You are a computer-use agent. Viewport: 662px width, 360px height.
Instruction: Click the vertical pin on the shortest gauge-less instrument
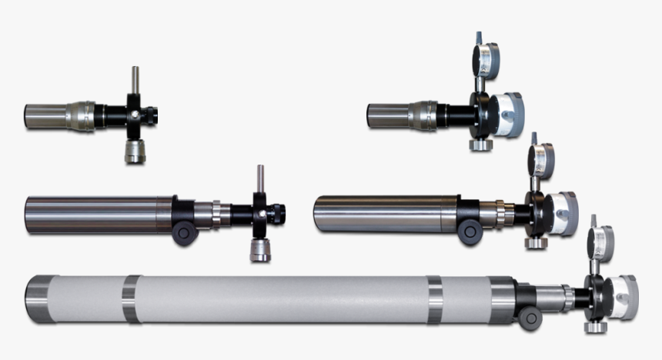(x=135, y=79)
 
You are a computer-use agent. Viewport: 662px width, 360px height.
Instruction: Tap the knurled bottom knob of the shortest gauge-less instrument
(x=135, y=152)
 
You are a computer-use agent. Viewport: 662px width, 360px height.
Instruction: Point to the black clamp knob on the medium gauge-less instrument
(x=185, y=234)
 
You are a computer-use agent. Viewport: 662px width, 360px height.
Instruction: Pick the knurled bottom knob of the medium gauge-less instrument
(x=260, y=250)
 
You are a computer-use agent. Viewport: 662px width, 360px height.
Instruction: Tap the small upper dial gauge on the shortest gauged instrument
(x=486, y=58)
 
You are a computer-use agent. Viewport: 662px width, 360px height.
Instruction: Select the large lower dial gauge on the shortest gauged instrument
(x=507, y=114)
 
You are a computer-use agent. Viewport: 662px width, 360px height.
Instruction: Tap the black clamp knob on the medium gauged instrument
(x=470, y=232)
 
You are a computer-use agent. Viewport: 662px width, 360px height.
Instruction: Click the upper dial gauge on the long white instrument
(x=600, y=242)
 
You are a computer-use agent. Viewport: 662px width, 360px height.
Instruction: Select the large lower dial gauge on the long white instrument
(x=622, y=297)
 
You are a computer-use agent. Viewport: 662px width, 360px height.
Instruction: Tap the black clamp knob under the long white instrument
(x=529, y=318)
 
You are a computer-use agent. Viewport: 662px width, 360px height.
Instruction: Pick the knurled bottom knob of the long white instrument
(x=595, y=326)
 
